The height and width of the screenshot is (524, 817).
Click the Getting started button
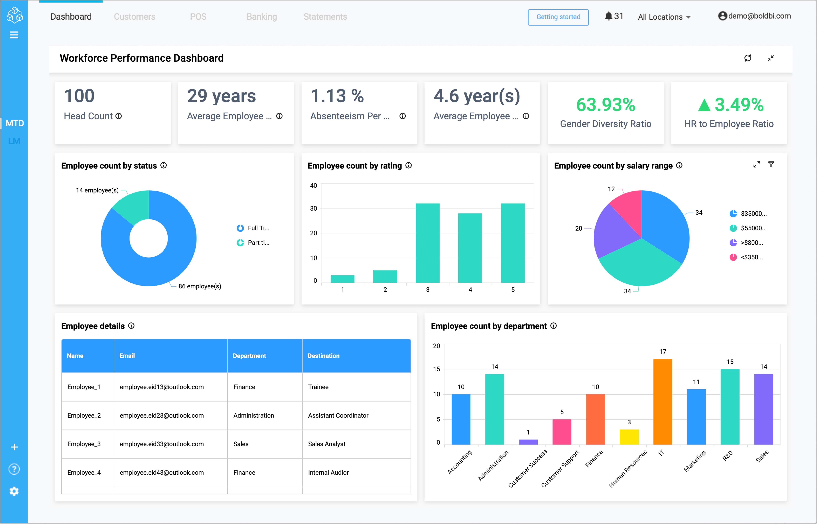pos(558,17)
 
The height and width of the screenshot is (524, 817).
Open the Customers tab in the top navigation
pos(134,17)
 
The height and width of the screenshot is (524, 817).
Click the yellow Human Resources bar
pos(629,437)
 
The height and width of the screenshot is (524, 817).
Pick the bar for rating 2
pos(385,276)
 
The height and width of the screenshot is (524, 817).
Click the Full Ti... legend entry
pos(254,228)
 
